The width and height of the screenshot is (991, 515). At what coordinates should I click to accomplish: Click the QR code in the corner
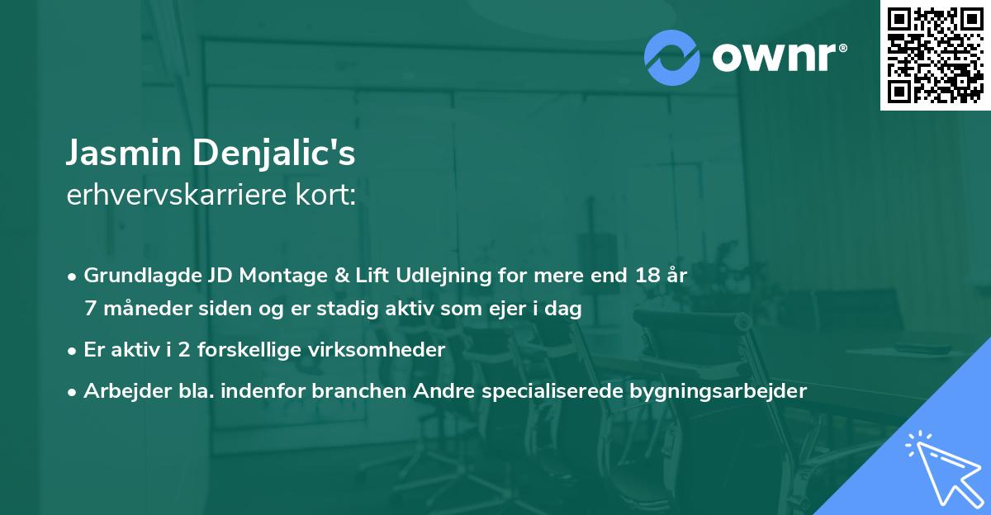[x=936, y=54]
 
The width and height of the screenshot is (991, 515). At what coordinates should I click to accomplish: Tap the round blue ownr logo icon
[x=673, y=58]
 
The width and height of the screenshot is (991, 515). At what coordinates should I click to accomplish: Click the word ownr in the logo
[x=777, y=58]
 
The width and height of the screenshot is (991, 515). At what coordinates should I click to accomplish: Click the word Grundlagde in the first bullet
[x=135, y=276]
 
